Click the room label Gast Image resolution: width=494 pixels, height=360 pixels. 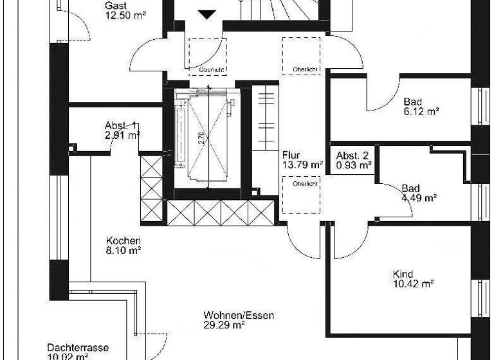pos(115,6)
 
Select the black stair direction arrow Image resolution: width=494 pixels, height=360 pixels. pos(208,14)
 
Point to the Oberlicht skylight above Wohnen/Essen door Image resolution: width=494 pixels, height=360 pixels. pos(301,196)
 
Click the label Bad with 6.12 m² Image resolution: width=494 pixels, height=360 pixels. pos(413,102)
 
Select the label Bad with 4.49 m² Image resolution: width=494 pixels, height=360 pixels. pos(410,188)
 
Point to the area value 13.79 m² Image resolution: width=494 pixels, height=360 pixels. pos(302,165)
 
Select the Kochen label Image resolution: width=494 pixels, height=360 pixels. pos(123,241)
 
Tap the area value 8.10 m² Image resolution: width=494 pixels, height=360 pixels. pos(124,251)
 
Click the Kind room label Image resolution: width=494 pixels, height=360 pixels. pos(403,274)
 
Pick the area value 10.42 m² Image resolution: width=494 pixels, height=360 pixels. pos(413,283)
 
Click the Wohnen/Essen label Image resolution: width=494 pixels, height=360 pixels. pos(239,316)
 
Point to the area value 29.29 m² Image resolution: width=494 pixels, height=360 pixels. pos(224,325)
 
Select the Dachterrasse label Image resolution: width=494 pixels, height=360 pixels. pos(77,346)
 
